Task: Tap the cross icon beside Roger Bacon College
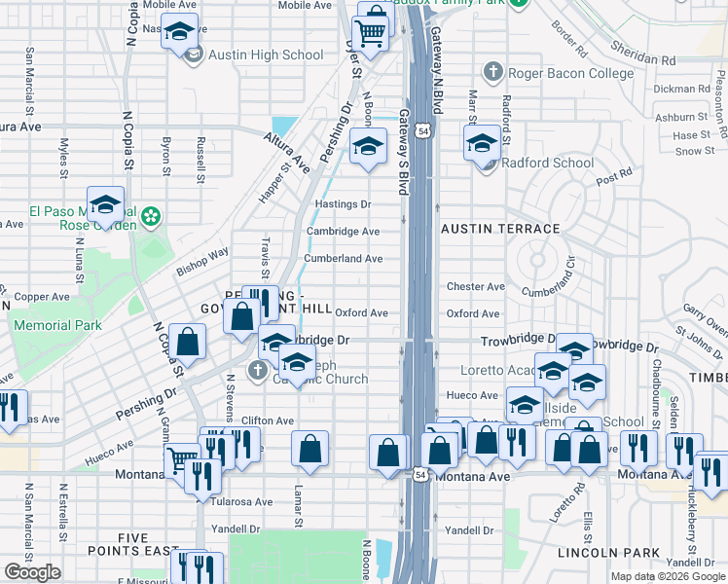(x=494, y=72)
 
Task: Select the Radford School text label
(x=545, y=163)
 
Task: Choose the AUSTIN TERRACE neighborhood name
(x=500, y=228)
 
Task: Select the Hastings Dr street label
(x=344, y=204)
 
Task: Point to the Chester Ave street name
(x=475, y=287)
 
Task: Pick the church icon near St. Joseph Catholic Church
(x=257, y=370)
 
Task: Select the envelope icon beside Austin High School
(x=193, y=55)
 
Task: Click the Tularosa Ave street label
(x=244, y=502)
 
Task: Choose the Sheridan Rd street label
(x=642, y=53)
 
